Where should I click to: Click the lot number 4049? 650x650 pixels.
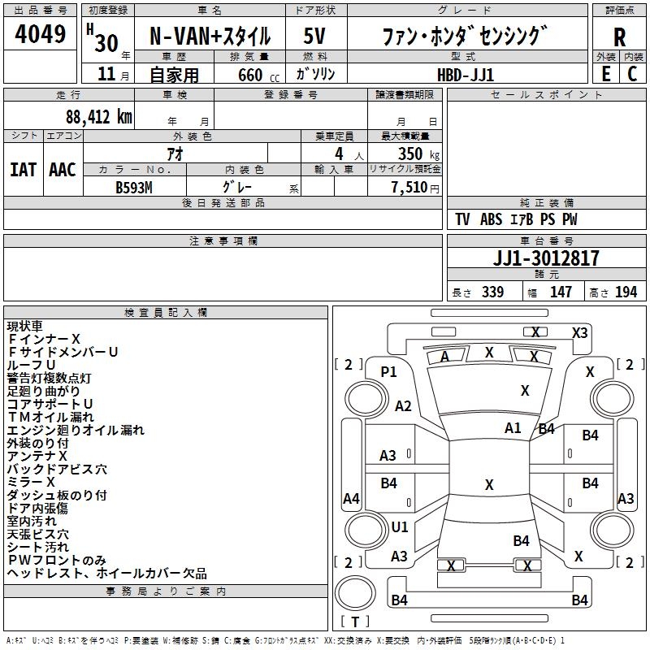pos(40,33)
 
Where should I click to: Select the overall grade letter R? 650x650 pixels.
pos(619,37)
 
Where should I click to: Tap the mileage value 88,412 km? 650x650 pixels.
pos(99,117)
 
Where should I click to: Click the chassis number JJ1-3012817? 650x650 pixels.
pos(546,258)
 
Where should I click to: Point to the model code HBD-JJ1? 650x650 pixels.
pos(466,75)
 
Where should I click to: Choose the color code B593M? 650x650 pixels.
pos(134,188)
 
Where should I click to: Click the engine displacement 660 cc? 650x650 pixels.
pos(258,75)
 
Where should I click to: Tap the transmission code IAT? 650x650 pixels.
pos(23,170)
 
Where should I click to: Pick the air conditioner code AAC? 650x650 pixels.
pos(63,170)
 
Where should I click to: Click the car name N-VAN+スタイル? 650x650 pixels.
pos(210,36)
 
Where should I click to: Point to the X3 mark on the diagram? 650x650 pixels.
pos(579,333)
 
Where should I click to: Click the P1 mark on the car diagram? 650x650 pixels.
pos(388,372)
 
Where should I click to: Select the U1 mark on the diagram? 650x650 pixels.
pos(399,526)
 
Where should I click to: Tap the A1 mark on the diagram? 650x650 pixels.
pos(513,428)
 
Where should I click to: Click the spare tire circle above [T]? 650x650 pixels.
pos(355,593)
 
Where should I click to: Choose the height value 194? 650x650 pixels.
pos(626,292)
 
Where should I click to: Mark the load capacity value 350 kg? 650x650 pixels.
pos(418,154)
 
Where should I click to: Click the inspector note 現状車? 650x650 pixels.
pos(24,327)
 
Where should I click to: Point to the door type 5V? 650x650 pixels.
pos(314,36)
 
